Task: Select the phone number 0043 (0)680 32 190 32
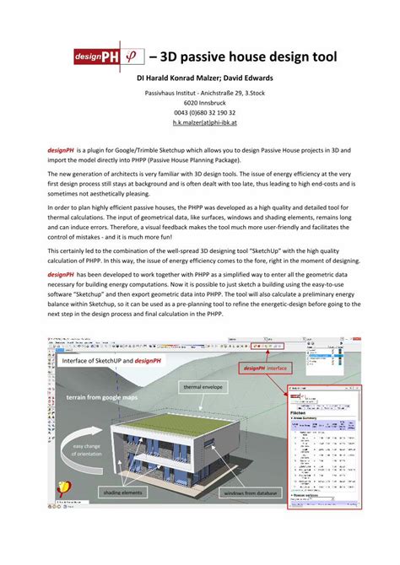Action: pos(200,112)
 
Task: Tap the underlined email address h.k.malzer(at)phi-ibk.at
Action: pos(200,123)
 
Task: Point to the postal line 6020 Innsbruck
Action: pos(200,102)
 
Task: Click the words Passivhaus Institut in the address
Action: pos(174,92)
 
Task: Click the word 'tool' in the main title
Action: pos(322,57)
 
